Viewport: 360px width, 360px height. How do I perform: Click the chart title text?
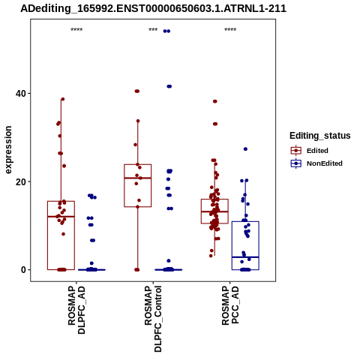[153, 9]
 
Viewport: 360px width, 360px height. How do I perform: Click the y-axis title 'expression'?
[8, 150]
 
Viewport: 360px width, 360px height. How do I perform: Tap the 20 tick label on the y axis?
[20, 182]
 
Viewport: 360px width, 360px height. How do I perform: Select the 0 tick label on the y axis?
[23, 270]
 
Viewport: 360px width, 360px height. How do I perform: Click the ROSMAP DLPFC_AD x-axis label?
[76, 310]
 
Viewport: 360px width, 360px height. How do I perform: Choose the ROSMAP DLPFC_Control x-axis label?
[153, 319]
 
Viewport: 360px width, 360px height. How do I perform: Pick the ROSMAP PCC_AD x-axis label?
[230, 305]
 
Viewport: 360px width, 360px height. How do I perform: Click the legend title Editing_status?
[320, 136]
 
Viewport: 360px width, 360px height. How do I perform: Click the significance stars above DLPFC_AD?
[76, 30]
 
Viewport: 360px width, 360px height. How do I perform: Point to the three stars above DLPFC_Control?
[153, 30]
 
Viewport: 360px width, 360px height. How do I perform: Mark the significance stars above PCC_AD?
[230, 30]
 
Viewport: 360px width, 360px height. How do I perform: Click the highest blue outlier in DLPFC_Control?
[166, 31]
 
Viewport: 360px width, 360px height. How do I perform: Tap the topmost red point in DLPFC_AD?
[63, 99]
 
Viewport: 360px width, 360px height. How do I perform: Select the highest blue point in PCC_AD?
[245, 149]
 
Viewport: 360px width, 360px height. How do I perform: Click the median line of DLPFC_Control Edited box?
[138, 178]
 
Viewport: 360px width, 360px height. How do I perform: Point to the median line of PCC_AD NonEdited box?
[245, 257]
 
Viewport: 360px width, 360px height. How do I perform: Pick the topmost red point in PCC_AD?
[215, 101]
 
